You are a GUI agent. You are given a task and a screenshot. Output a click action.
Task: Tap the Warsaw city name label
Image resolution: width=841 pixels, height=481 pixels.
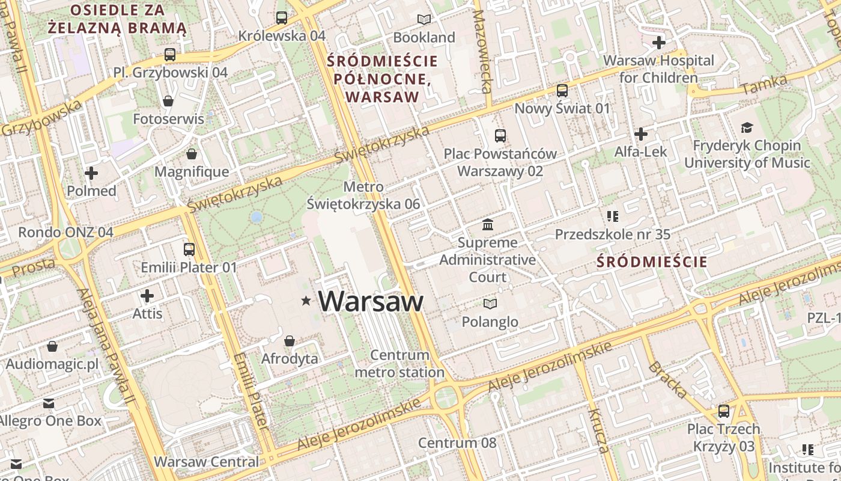(x=371, y=301)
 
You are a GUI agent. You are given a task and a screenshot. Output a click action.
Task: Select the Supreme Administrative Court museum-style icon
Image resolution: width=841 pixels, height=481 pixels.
(x=488, y=225)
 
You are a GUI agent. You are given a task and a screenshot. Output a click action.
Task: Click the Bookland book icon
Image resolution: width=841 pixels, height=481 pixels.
(x=424, y=19)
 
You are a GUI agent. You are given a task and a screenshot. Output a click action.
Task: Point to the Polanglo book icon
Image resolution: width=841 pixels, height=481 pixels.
(x=490, y=304)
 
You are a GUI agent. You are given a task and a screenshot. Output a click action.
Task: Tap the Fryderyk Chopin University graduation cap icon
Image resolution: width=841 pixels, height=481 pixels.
(x=747, y=127)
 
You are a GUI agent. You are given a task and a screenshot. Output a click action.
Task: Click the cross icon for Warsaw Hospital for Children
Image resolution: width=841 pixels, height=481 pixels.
(x=659, y=43)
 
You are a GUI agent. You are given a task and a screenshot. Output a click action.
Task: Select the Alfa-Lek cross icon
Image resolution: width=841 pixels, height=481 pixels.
(x=641, y=133)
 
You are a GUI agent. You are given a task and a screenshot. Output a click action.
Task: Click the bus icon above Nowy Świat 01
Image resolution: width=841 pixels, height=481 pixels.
(x=562, y=91)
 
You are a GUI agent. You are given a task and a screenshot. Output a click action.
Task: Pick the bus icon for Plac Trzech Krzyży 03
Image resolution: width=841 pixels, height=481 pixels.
(x=724, y=411)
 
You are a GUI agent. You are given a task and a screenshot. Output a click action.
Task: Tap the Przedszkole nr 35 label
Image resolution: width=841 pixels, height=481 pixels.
(x=612, y=234)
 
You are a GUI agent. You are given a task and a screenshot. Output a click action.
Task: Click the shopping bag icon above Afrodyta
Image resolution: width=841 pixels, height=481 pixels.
(x=290, y=341)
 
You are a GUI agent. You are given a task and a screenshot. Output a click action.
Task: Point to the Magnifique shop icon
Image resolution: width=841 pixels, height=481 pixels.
(x=192, y=155)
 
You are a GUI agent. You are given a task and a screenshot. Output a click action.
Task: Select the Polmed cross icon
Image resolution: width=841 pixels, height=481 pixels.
(x=91, y=174)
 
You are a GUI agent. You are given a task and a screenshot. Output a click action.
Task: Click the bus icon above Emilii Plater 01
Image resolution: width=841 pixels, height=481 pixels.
(x=189, y=249)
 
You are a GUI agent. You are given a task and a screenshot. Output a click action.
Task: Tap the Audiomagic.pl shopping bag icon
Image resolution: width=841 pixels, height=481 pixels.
(x=52, y=346)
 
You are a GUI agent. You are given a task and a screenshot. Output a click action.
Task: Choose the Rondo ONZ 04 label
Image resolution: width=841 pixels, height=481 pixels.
(x=65, y=232)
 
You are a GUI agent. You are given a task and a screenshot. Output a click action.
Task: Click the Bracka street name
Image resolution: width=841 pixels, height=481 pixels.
(x=668, y=380)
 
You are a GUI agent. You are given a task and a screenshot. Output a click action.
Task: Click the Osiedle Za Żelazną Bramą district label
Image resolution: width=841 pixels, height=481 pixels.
(x=117, y=19)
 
